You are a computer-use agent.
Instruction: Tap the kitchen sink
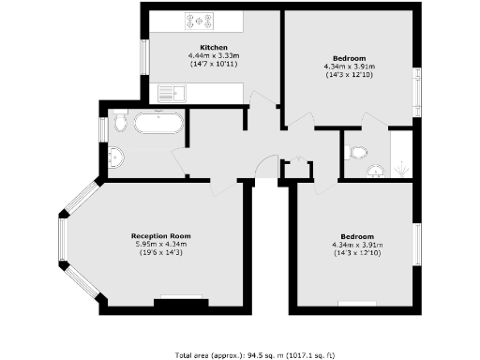point(171,93)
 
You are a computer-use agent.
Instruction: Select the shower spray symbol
point(401,169)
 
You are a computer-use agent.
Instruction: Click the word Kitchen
point(214,47)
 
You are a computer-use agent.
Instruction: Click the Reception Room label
point(160,235)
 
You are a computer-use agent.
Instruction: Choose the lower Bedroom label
point(357,235)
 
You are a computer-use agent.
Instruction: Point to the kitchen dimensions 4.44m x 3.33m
point(214,55)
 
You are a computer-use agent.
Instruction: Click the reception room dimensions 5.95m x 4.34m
point(160,244)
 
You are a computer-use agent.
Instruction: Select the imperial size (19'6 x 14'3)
point(160,252)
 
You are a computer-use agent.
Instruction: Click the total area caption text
point(240,354)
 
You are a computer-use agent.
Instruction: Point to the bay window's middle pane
point(63,239)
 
